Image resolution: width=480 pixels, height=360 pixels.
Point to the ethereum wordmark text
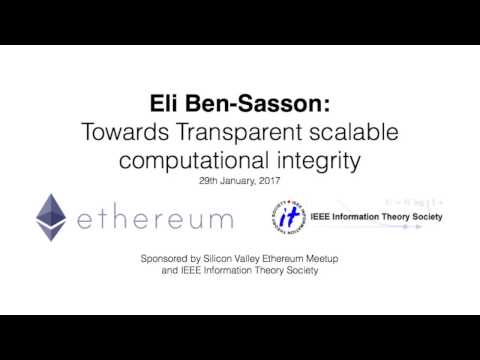tap(154, 218)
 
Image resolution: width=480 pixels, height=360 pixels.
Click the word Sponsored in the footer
tap(166, 259)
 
